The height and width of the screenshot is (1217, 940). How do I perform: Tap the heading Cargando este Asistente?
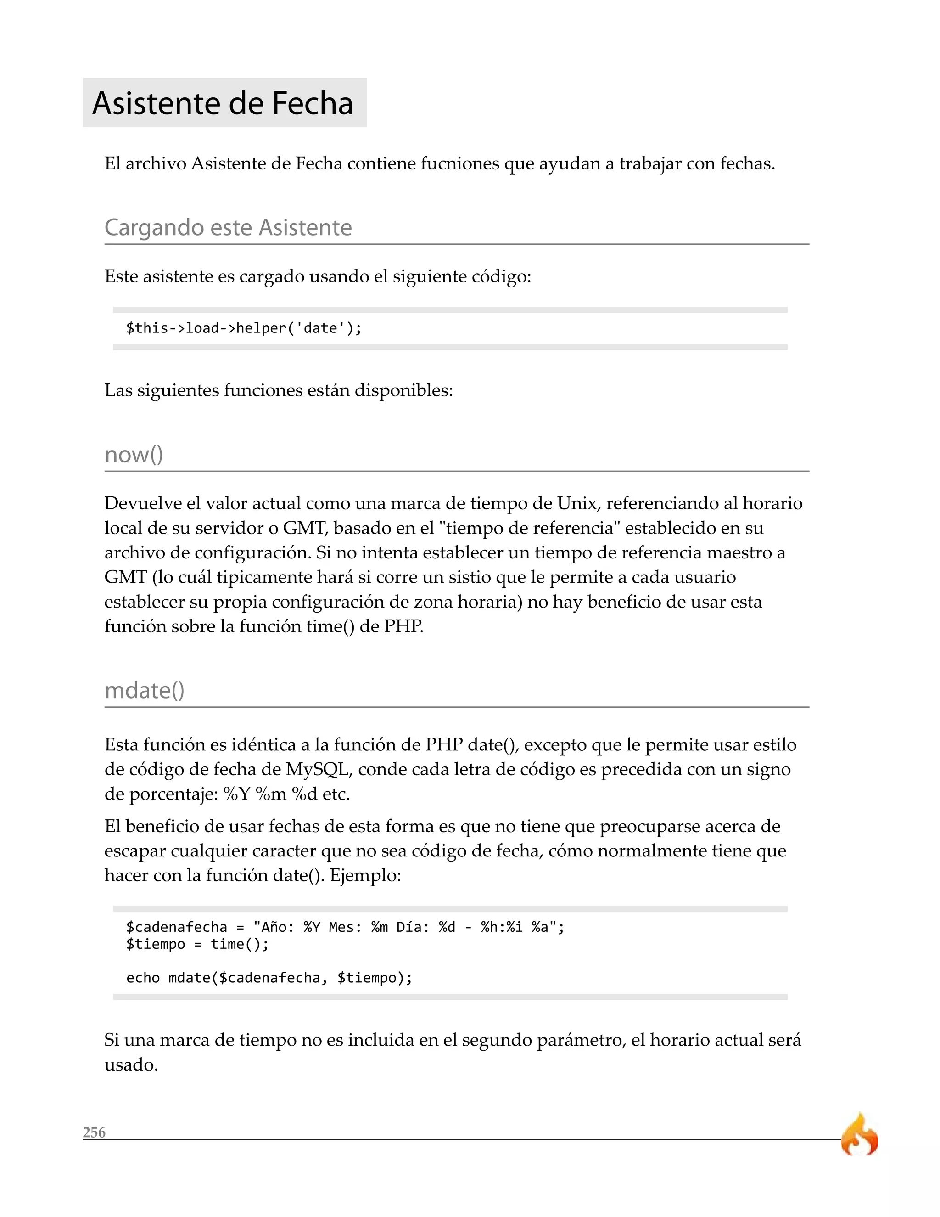tap(228, 227)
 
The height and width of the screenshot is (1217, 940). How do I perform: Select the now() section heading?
tap(134, 454)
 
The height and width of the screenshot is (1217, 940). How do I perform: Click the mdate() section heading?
tap(144, 690)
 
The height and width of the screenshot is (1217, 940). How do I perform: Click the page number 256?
tap(94, 1132)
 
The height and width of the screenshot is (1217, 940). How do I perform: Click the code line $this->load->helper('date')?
tap(244, 328)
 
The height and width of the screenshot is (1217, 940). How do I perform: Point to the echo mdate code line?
tap(269, 978)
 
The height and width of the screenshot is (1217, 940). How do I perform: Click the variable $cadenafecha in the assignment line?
tap(177, 927)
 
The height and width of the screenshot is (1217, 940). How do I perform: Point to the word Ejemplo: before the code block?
tap(365, 875)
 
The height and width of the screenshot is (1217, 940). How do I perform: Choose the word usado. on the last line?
tap(131, 1065)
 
